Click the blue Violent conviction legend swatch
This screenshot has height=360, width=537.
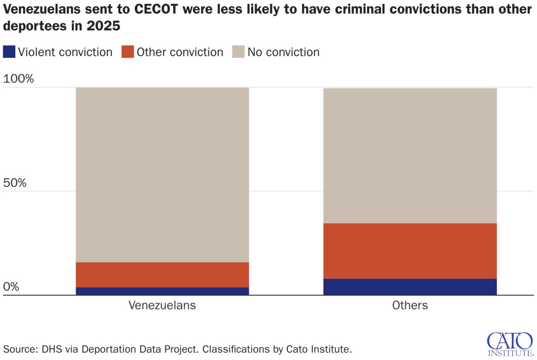coord(9,52)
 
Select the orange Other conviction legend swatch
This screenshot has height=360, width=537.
coord(128,52)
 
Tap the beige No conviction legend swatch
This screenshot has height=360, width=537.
coord(238,52)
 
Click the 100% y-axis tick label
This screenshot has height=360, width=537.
coord(18,79)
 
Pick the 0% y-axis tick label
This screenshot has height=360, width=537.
coord(11,287)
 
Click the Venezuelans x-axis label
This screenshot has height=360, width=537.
coord(162,305)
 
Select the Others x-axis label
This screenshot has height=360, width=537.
coord(410,305)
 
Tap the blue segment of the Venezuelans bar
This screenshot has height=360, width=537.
coord(162,291)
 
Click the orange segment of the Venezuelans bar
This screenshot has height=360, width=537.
coord(162,274)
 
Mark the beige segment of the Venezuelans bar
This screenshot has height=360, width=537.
coord(162,175)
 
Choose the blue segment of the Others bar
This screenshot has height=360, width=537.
coord(410,287)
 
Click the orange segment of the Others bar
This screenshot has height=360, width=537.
coord(410,251)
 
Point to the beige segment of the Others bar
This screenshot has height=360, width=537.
coord(410,155)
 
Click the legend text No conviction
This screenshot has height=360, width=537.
coord(283,52)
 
